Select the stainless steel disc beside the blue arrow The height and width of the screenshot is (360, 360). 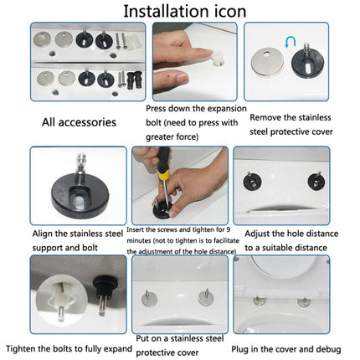point(267,61)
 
